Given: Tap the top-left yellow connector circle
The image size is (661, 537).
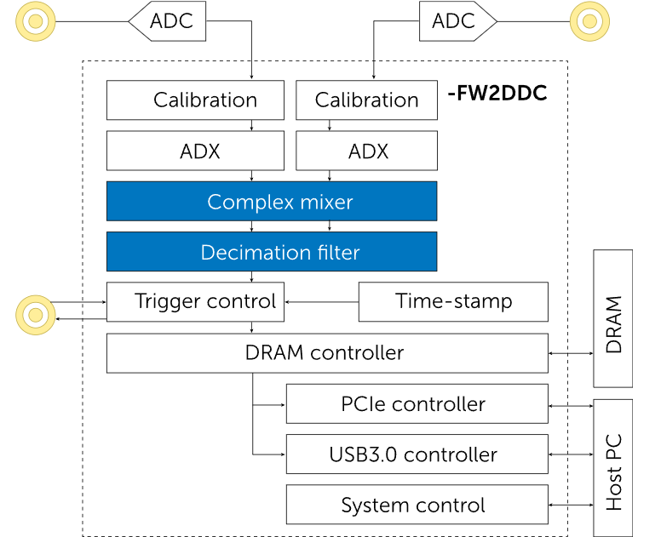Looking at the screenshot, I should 36,20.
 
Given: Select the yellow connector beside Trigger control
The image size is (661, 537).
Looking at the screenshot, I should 36,315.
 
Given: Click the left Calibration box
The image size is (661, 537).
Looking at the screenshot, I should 195,100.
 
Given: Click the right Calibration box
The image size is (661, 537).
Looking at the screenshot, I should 366,100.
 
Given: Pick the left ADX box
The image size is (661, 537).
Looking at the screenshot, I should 195,151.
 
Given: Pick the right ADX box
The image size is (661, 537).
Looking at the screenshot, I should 366,151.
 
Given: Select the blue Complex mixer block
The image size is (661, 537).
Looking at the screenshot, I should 271,202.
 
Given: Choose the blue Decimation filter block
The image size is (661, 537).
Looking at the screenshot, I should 271,252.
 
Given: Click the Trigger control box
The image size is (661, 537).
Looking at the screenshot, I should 195,301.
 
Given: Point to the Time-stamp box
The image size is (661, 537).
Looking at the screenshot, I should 453,301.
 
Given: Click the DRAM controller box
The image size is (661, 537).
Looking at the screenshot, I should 327,352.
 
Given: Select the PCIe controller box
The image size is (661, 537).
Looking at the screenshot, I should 417,403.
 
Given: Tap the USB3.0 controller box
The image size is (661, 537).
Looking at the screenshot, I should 417,454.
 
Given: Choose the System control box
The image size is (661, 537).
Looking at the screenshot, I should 417,505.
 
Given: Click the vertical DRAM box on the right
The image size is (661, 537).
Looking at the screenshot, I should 613,324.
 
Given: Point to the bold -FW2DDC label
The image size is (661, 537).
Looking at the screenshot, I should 497,92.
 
